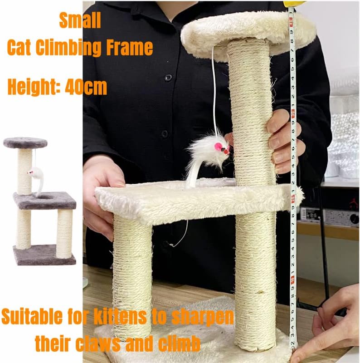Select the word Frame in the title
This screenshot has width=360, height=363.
coord(130,47)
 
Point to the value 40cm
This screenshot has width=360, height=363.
coord(86,87)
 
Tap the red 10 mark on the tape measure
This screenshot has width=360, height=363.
coord(293,290)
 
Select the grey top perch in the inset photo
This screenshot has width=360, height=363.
coord(25,142)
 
